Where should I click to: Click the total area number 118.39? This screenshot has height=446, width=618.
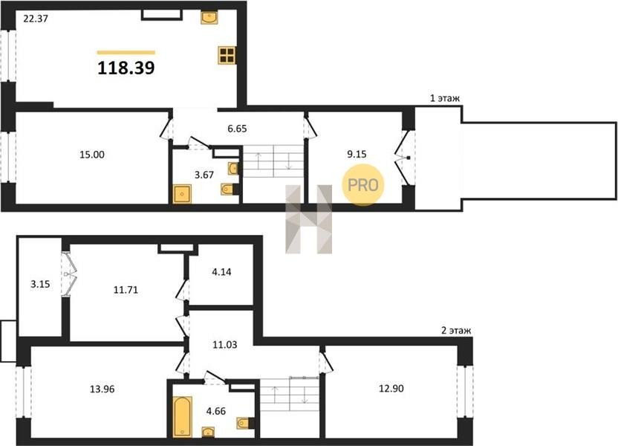click(x=126, y=68)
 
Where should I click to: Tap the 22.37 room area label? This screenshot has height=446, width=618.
click(x=36, y=18)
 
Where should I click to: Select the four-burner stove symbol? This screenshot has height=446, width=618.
click(x=228, y=55)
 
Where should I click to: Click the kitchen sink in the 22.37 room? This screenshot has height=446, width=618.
click(x=209, y=18)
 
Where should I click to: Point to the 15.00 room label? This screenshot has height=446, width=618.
click(x=92, y=155)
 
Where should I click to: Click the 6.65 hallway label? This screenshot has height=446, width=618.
click(x=237, y=129)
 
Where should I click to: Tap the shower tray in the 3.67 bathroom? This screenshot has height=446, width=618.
click(x=182, y=194)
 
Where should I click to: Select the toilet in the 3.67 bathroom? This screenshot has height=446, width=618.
click(x=227, y=190)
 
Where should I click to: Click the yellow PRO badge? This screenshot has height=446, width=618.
click(x=363, y=185)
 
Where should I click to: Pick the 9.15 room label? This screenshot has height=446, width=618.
click(x=357, y=155)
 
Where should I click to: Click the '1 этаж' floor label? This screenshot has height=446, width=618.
click(x=445, y=98)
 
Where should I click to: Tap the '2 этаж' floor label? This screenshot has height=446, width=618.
click(x=456, y=331)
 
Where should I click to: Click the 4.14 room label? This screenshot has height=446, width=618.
click(x=221, y=272)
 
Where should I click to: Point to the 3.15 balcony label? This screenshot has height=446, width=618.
click(x=40, y=284)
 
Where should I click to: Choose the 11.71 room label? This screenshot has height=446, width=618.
click(x=126, y=290)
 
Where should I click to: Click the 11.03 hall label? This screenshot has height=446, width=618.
click(x=225, y=345)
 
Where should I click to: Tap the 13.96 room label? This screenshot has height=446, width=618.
click(x=103, y=390)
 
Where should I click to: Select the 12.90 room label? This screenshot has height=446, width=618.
click(x=391, y=389)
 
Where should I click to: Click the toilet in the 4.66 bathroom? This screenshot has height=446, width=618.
click(x=243, y=424)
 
